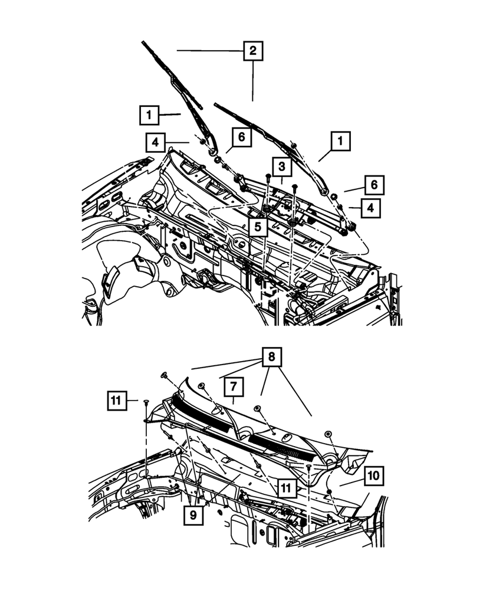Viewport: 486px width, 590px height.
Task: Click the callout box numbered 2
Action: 252,51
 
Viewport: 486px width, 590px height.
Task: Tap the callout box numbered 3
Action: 282,166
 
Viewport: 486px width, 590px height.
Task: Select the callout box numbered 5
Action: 258,227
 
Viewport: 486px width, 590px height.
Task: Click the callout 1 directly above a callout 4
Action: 150,114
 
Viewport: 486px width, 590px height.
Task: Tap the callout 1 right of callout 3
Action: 340,142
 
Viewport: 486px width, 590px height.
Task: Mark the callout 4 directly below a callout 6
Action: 371,208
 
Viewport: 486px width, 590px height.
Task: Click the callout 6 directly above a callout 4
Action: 375,185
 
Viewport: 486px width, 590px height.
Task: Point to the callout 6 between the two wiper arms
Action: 242,139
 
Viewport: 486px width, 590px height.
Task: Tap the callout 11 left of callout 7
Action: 117,401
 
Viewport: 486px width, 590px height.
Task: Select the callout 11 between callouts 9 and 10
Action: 285,487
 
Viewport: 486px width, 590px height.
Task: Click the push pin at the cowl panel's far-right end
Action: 330,434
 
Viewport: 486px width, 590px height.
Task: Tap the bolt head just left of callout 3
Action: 268,176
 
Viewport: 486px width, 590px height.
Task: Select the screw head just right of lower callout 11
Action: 308,467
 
